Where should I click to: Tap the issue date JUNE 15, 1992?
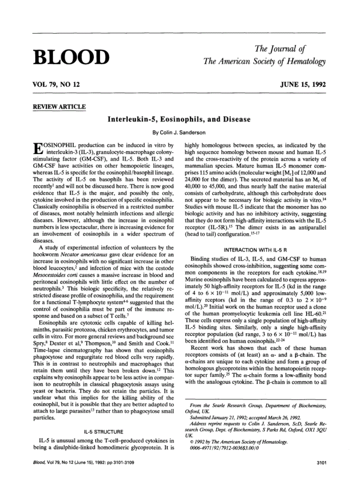303,85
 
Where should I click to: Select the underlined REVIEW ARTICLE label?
59,107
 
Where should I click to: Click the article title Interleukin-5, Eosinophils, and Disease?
179,119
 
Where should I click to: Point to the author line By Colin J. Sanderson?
179,133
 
